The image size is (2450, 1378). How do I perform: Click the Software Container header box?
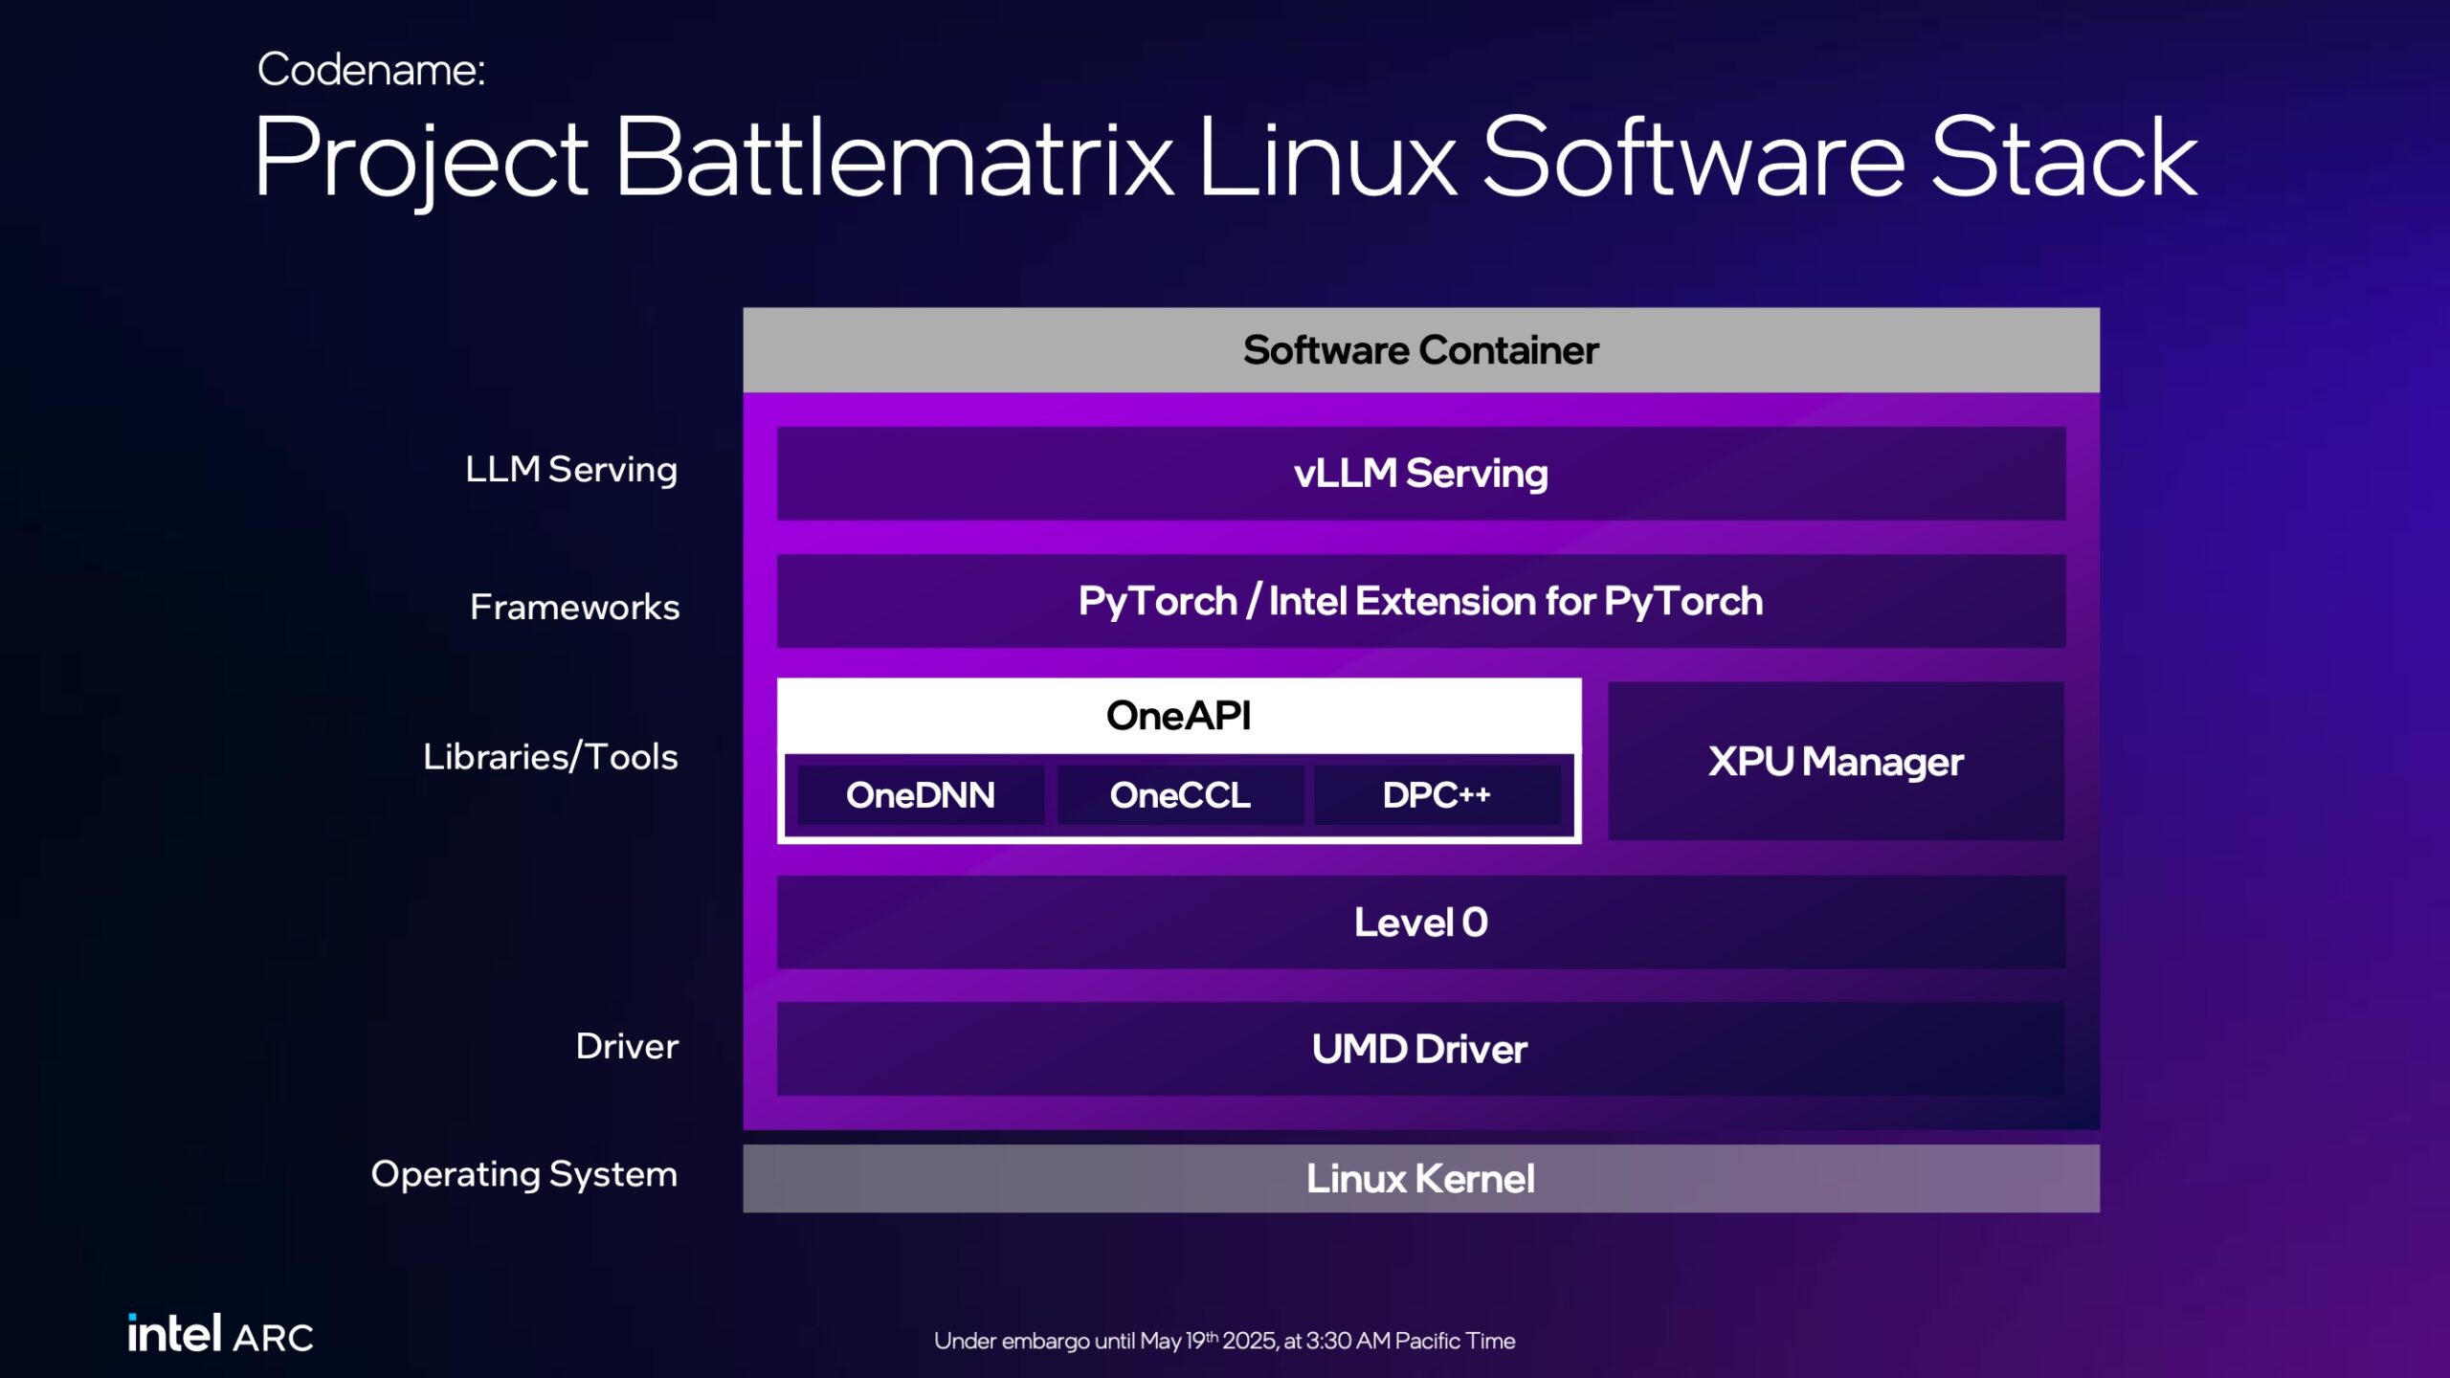point(1420,350)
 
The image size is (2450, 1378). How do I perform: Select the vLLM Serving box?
point(1420,474)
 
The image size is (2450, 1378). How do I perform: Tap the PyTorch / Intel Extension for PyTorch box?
point(1420,601)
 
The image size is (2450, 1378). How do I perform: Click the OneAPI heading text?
point(1178,716)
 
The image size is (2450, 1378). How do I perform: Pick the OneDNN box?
point(921,795)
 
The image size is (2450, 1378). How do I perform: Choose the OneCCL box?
point(1180,795)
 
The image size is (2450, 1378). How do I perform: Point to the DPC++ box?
point(1437,795)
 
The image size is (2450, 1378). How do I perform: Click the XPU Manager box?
point(1836,762)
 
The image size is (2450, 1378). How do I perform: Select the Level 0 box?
point(1420,922)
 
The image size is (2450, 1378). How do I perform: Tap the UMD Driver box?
point(1420,1049)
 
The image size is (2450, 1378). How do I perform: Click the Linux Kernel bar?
point(1420,1179)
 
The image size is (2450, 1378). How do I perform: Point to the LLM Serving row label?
point(571,470)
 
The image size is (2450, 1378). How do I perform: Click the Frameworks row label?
point(574,607)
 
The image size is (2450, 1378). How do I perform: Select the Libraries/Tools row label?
point(550,757)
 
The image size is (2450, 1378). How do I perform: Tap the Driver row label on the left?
point(627,1046)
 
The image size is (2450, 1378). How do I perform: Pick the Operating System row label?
point(523,1174)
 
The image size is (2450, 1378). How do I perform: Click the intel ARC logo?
point(221,1334)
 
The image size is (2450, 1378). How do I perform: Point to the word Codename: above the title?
point(371,70)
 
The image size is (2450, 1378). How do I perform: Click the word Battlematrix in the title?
point(894,158)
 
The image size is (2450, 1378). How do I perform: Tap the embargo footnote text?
point(1224,1341)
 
